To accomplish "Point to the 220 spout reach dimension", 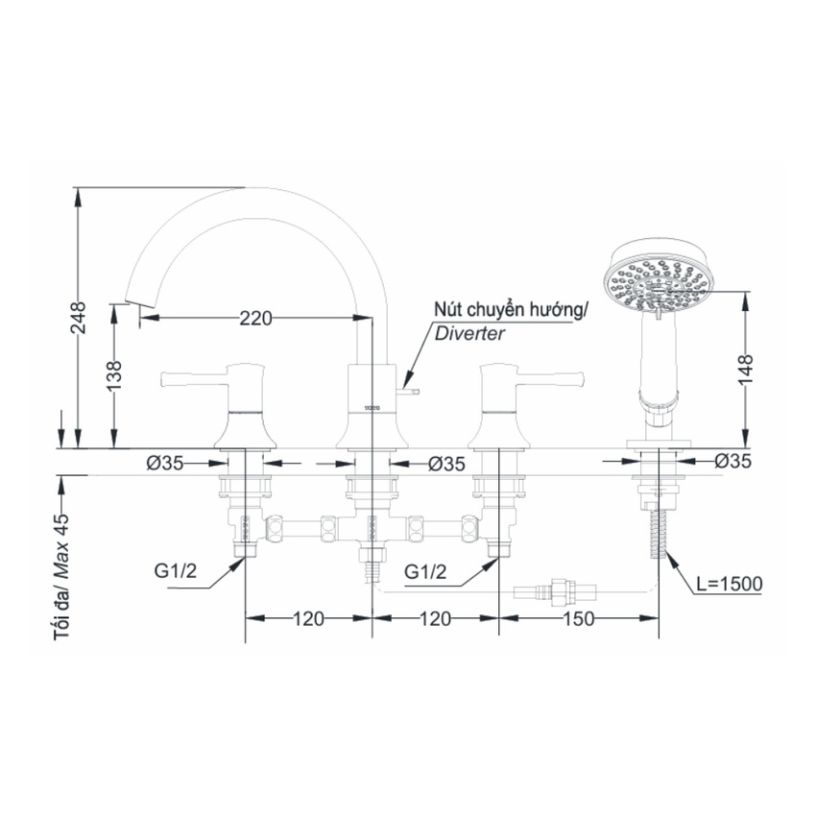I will pos(256,318).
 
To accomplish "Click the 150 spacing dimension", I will pos(579,619).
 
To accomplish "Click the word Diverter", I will pos(469,334).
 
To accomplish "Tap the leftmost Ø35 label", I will pos(165,463).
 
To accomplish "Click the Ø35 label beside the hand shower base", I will pos(733,462).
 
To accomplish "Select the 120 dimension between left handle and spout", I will pos(307,619).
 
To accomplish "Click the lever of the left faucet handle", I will pos(192,379).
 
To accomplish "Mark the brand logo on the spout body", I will pos(372,408).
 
